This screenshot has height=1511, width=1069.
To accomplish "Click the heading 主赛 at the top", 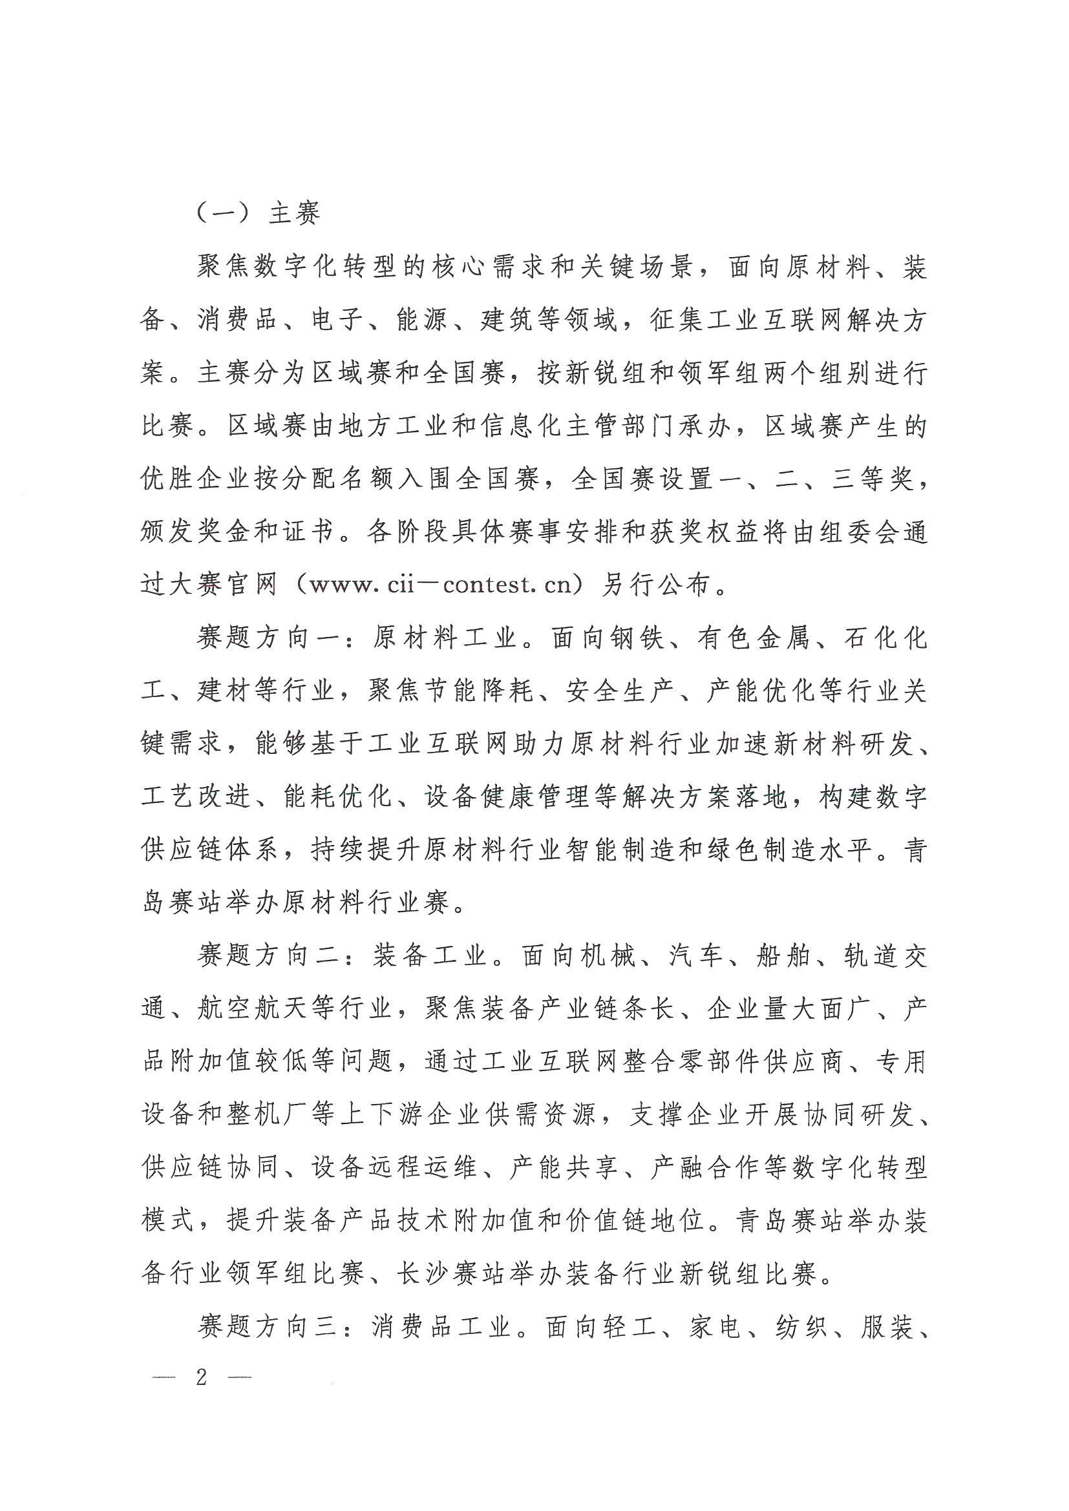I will coord(294,214).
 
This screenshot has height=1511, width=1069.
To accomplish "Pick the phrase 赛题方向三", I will coord(266,1327).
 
